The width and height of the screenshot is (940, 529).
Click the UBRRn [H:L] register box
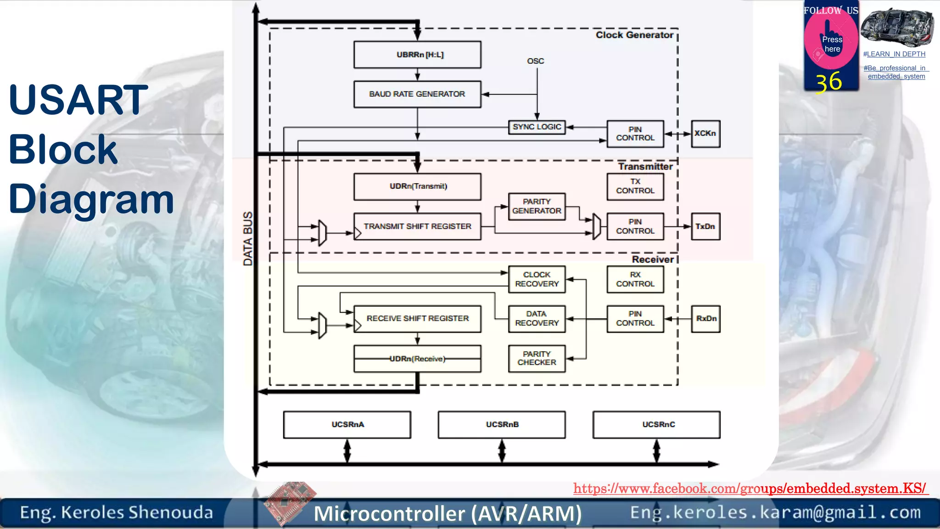[x=417, y=55]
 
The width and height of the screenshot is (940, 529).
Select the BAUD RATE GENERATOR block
[x=417, y=94]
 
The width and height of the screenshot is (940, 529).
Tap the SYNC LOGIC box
[x=537, y=127]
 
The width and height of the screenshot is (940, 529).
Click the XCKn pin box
[x=705, y=134]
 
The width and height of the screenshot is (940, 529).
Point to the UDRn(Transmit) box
[x=417, y=186]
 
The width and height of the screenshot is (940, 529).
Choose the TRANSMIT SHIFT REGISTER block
[x=417, y=226]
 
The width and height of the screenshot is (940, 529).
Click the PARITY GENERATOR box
[x=537, y=206]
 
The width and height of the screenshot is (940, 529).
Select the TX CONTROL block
[x=635, y=186]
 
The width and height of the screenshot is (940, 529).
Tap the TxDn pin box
[x=705, y=226]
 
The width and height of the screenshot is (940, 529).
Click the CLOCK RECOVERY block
[x=537, y=279]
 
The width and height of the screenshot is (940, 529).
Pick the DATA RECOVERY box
[x=537, y=319]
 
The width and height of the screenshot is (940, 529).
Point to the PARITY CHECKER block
[x=537, y=358]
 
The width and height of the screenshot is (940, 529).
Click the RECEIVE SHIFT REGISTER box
[x=417, y=319]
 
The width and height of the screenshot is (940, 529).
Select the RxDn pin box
[x=705, y=319]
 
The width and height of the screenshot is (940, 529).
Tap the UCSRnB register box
[x=502, y=425]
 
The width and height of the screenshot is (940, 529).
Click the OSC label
[x=535, y=61]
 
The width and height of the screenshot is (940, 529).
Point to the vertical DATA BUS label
[x=248, y=239]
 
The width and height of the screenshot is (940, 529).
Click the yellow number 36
[x=828, y=82]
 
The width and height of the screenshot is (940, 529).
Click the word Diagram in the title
[x=91, y=199]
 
